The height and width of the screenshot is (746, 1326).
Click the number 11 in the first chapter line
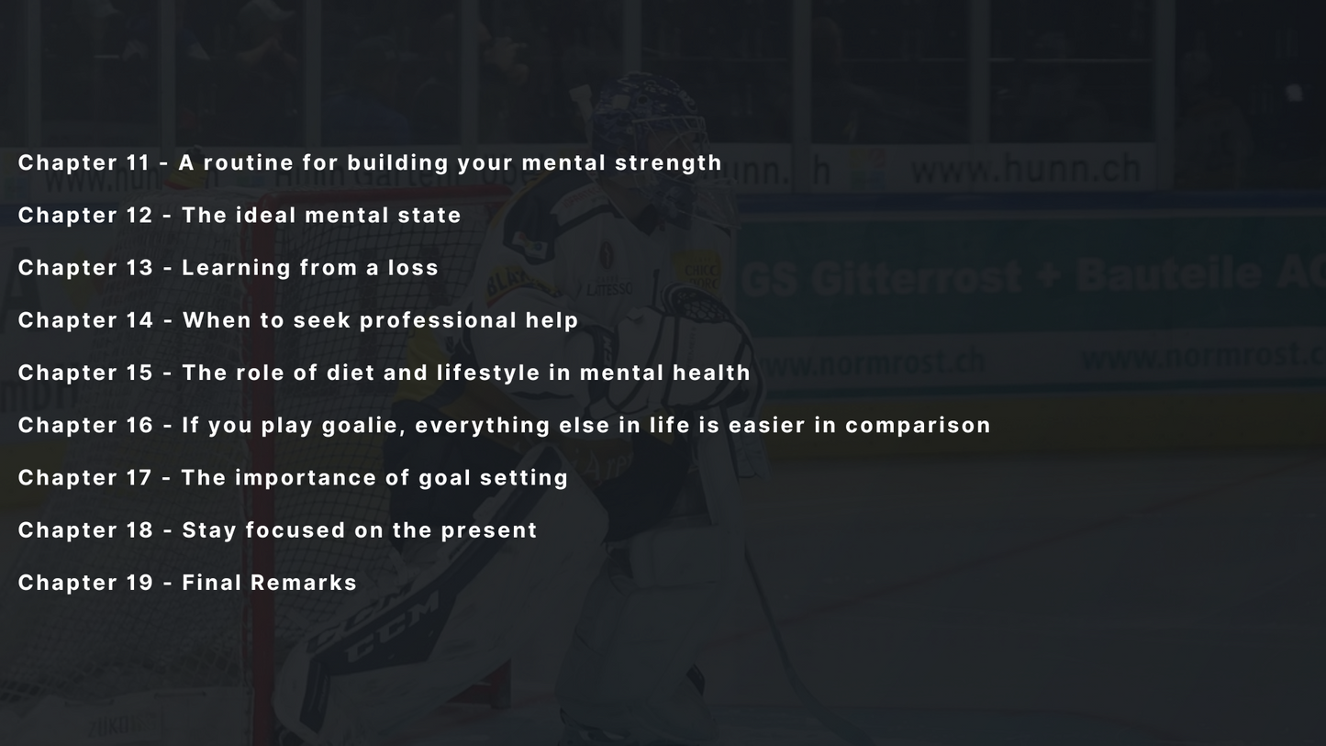click(137, 162)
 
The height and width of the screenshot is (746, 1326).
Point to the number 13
click(139, 267)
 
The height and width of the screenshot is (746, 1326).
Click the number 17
click(139, 477)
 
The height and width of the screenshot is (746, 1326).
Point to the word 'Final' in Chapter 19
click(212, 583)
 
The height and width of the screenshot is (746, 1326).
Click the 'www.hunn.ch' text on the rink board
click(1025, 169)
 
